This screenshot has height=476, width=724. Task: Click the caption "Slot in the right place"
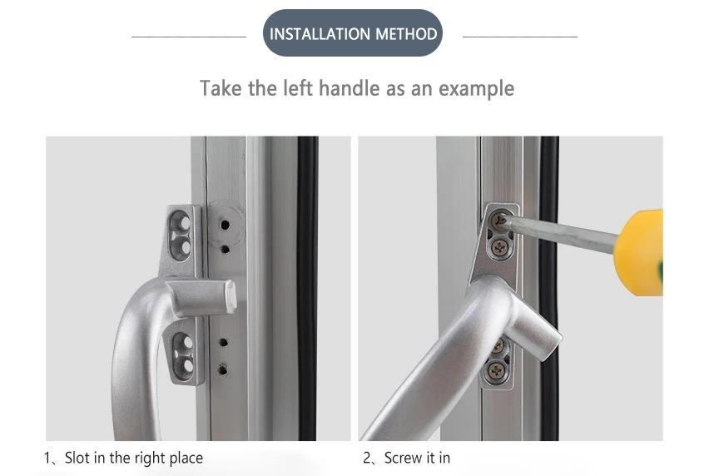(x=133, y=458)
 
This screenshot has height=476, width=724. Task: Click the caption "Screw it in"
(x=416, y=458)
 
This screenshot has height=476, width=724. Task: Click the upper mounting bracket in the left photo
(x=185, y=235)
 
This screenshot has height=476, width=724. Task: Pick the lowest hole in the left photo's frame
(x=223, y=367)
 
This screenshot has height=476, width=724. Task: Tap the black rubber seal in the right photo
(x=548, y=333)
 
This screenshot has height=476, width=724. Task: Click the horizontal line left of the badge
(x=189, y=37)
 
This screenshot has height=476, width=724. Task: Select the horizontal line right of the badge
(x=519, y=37)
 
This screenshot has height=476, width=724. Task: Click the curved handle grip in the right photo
(x=416, y=366)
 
